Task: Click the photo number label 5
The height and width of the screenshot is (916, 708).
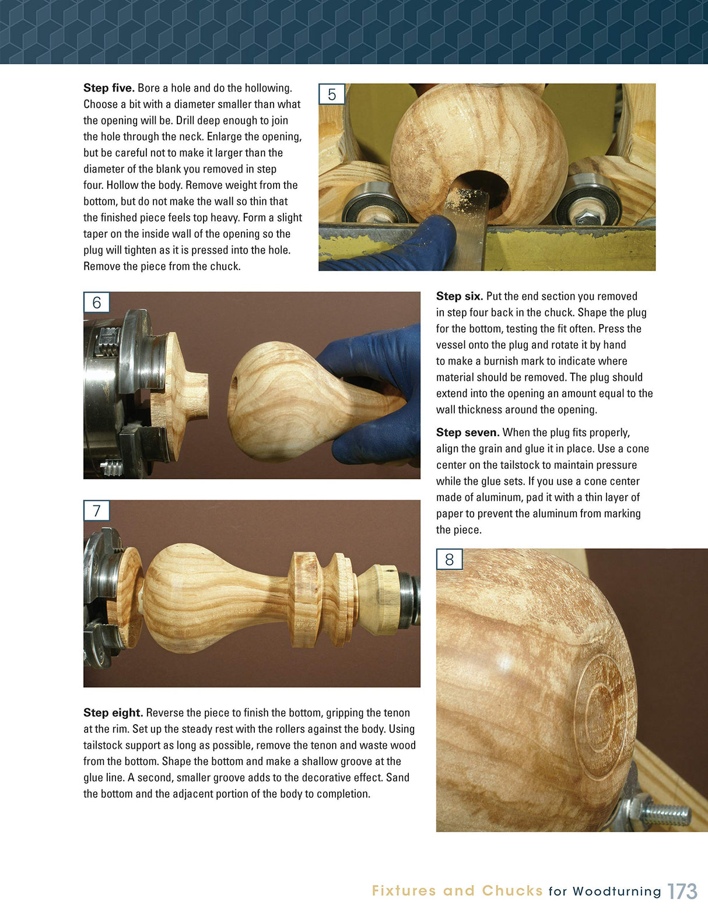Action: [x=332, y=94]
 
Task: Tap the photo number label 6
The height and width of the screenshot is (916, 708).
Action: [x=97, y=303]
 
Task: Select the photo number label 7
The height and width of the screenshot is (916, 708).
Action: [x=97, y=511]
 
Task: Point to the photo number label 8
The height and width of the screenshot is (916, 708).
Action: [x=449, y=560]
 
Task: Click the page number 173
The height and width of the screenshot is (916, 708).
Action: [x=682, y=892]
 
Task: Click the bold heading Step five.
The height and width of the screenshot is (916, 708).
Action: [x=109, y=88]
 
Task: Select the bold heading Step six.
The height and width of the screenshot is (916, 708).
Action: [x=460, y=296]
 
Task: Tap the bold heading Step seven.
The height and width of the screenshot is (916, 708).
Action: [x=468, y=433]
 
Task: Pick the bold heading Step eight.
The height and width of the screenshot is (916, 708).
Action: [x=113, y=713]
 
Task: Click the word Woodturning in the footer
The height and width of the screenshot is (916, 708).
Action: [x=617, y=892]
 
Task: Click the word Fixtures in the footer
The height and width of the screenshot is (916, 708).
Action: [x=404, y=891]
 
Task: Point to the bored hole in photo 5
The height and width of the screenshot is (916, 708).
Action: [x=481, y=187]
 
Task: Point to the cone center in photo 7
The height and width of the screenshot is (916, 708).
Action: [x=379, y=601]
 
